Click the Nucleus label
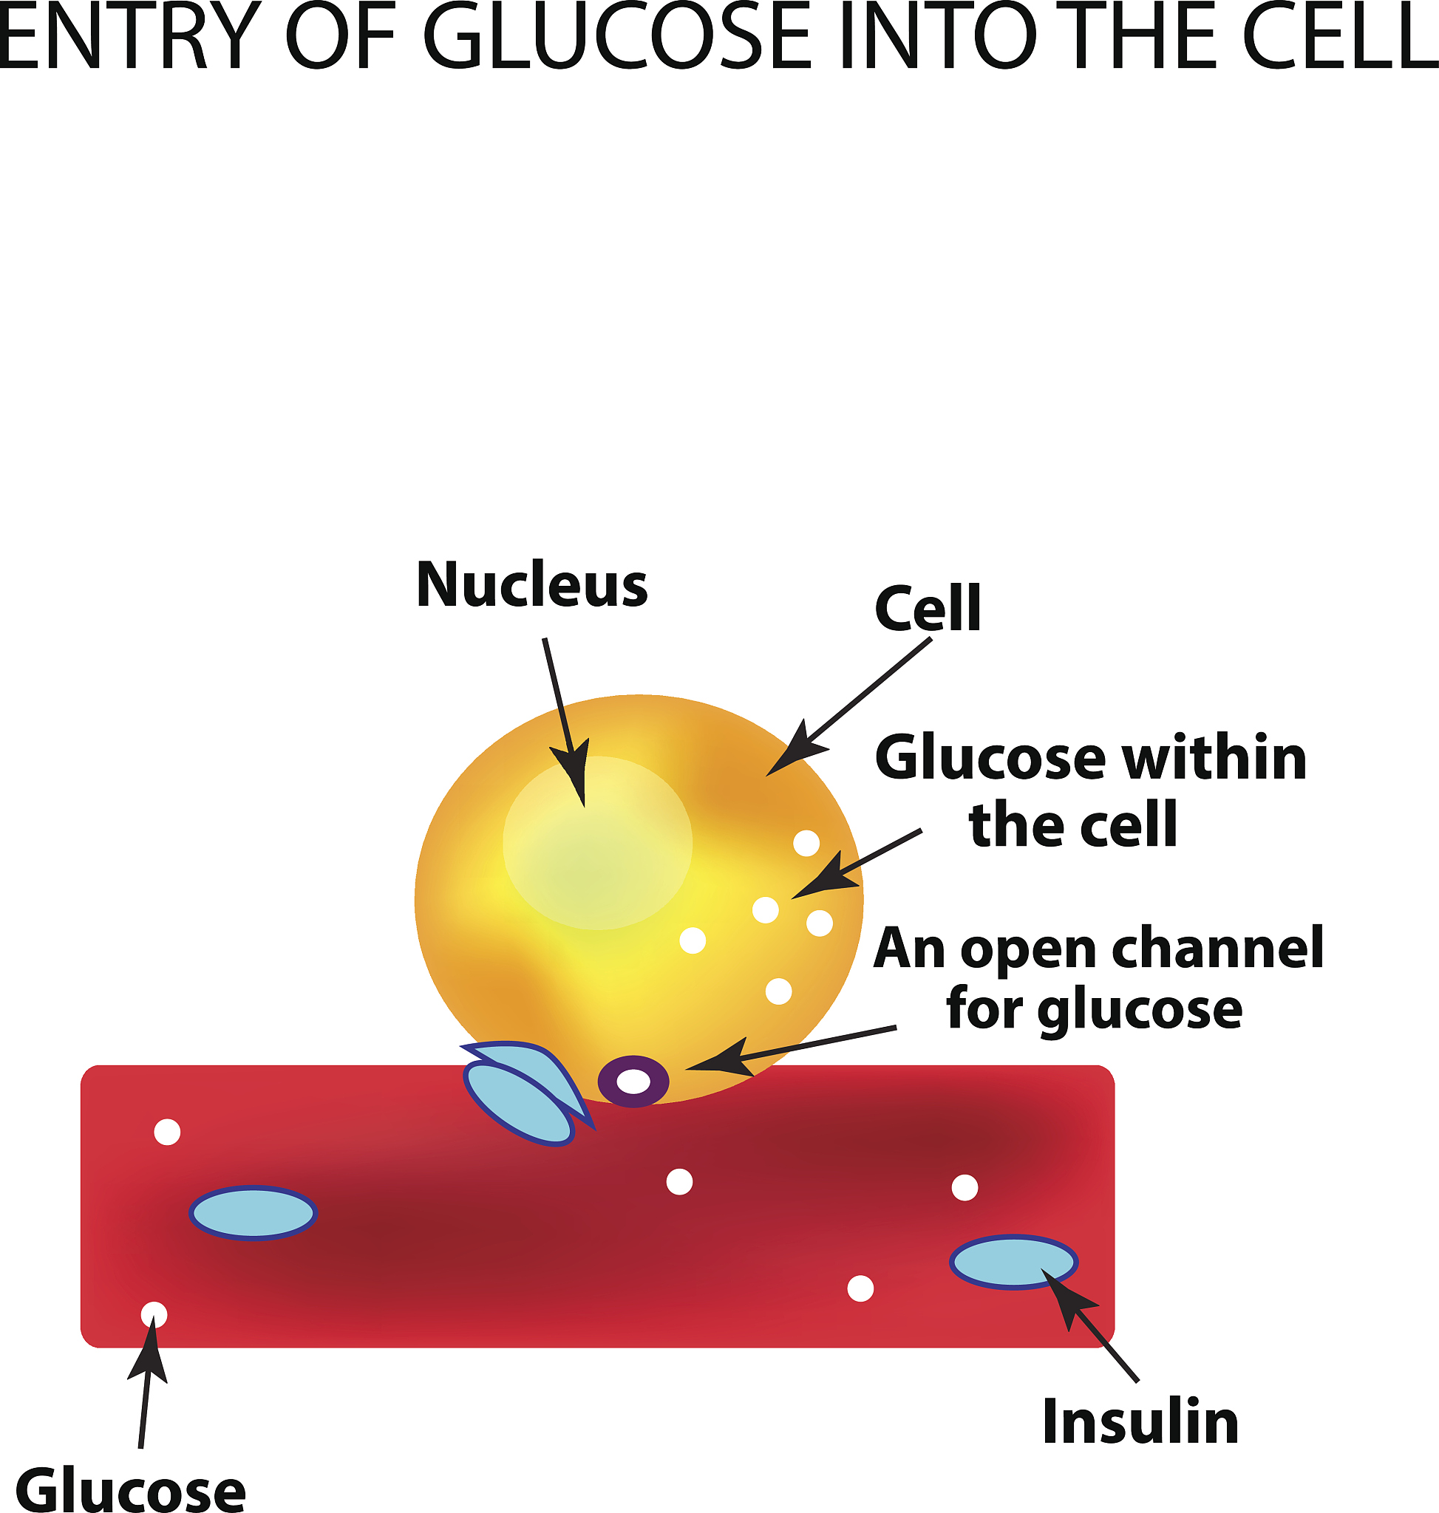coord(531,585)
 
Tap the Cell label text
coord(928,609)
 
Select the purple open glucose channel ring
coord(633,1082)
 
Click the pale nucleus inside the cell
coord(596,843)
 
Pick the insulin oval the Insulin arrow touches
coord(1013,1262)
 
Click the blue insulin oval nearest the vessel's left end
coord(253,1212)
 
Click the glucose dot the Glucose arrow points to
coord(154,1314)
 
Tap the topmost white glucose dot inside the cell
coord(806,844)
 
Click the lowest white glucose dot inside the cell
coord(778,991)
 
